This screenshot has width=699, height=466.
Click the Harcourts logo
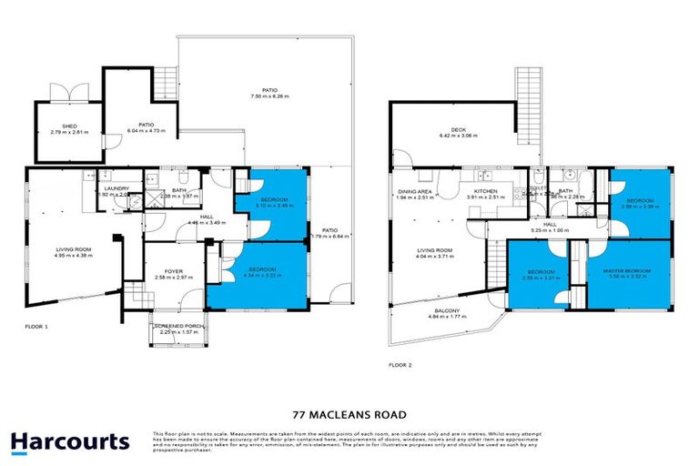coord(70,442)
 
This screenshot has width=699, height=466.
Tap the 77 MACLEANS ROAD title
coord(349,411)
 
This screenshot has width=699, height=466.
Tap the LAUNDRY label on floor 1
coord(113,187)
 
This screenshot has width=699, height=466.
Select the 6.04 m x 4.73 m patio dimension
coord(145,130)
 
